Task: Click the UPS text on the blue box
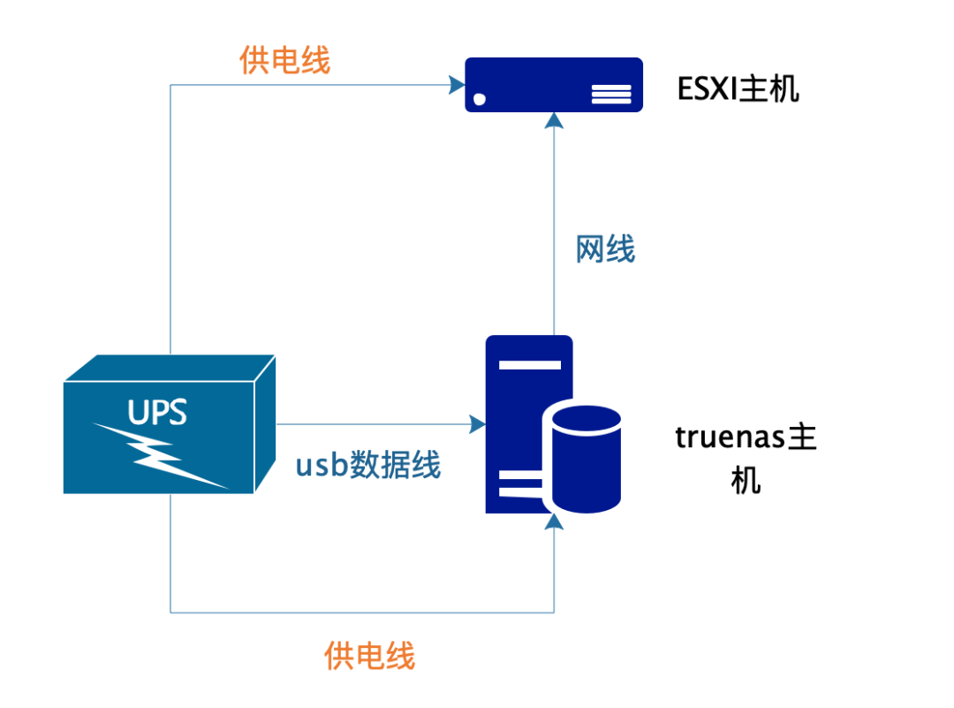pos(158,412)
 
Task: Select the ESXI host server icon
pos(554,85)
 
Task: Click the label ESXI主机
pos(738,89)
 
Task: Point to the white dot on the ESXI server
pos(480,99)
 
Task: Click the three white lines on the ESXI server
pos(611,95)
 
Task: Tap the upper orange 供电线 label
pos(284,60)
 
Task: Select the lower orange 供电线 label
pos(369,656)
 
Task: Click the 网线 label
pos(605,249)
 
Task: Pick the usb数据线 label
pos(367,464)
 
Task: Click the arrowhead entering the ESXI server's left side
pos(458,85)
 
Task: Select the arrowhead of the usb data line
pos(478,424)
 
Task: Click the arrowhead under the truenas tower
pos(554,522)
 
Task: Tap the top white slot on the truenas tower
pos(529,363)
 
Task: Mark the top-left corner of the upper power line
pos(170,85)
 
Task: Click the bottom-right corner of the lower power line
pos(554,612)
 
